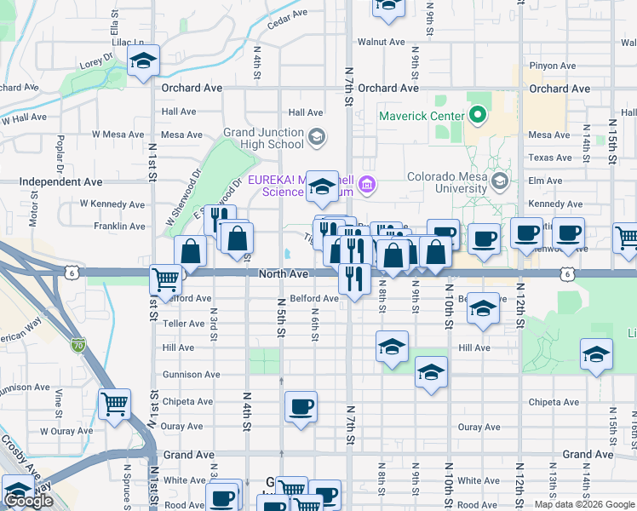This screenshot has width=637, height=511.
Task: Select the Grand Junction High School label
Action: coord(263,138)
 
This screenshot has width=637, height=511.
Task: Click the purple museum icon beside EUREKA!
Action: coord(368,183)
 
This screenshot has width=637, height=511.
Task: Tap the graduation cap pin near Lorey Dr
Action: coord(144,61)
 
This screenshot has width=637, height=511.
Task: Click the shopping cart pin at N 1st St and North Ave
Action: coord(165,280)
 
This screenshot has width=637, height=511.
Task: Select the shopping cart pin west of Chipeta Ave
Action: coord(114,404)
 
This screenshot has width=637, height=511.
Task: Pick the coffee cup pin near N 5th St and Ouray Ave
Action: coord(300,407)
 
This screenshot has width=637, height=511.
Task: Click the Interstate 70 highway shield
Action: coord(78,345)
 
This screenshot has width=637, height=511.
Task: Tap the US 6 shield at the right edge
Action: coord(567,273)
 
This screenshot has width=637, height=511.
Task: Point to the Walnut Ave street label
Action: coord(381,42)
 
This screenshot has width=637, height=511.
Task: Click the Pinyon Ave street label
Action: coord(552,66)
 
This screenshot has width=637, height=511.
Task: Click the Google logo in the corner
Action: coord(28,501)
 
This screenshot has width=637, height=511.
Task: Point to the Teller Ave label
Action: coord(184,324)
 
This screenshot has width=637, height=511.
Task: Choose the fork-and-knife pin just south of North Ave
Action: coord(353,278)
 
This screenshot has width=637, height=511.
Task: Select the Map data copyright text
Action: coord(585,504)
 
